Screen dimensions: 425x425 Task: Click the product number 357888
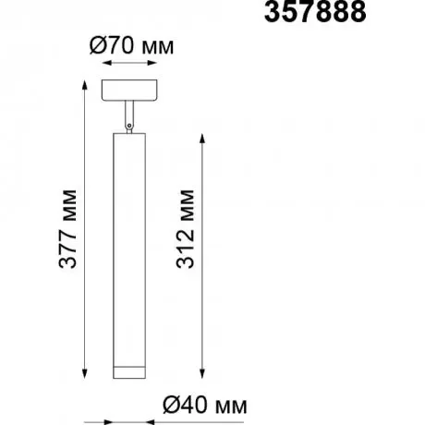click(x=315, y=12)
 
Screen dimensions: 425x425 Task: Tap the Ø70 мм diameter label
click(x=132, y=46)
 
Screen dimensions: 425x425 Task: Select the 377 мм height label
click(x=67, y=229)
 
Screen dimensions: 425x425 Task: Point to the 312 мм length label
click(x=186, y=229)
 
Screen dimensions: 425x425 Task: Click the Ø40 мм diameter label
click(x=205, y=405)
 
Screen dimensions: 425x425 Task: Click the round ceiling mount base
click(x=129, y=90)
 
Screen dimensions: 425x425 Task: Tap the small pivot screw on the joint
click(x=129, y=126)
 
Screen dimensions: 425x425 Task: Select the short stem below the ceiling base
click(x=129, y=114)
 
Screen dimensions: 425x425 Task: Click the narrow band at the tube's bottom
click(x=129, y=372)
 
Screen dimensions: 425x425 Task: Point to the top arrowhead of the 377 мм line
click(x=85, y=85)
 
